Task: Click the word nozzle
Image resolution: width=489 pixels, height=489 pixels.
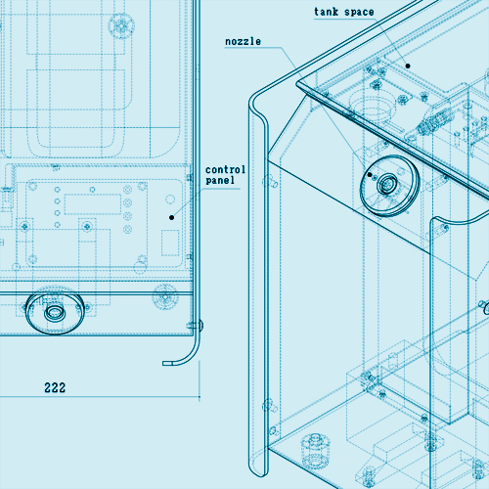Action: click(243, 42)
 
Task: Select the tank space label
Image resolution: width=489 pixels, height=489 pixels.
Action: click(344, 12)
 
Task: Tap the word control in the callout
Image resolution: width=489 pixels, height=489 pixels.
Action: click(225, 169)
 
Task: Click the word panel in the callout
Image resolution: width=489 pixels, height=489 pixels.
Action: click(220, 180)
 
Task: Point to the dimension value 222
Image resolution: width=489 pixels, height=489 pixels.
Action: click(55, 387)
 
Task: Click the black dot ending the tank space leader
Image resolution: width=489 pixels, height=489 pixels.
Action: click(408, 66)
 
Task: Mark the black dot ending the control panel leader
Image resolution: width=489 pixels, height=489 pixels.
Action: click(171, 217)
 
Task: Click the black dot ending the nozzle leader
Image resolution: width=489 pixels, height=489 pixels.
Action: click(370, 175)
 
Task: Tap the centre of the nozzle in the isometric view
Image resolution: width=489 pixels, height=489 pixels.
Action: click(387, 185)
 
